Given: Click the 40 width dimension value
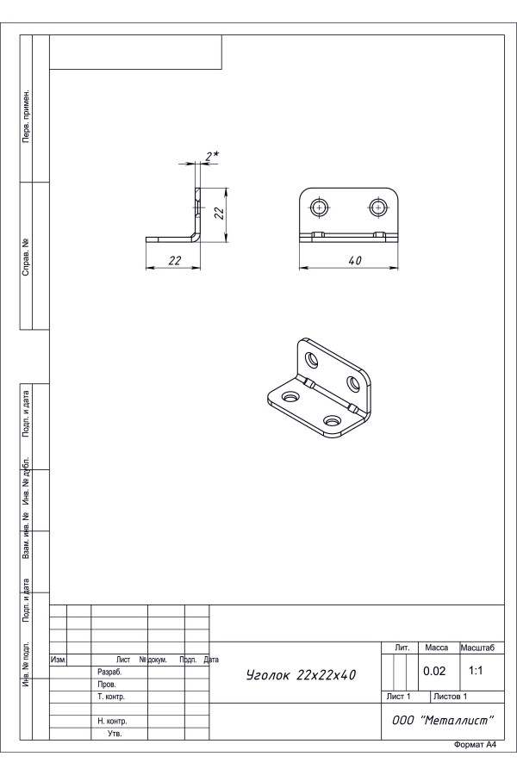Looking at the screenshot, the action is point(355,260).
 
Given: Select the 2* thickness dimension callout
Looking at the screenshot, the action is point(213,156).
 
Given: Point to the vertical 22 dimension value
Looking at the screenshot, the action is point(219,213).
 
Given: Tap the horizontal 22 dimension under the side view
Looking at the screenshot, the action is point(175,260).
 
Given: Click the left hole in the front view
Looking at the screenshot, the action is point(320,208).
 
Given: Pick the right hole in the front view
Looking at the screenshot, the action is point(378,208).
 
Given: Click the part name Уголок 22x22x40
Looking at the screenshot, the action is point(301,674).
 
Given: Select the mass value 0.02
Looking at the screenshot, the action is point(434,671).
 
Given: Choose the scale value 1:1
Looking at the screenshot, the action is point(476,671).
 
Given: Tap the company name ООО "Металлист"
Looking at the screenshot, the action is point(443,720).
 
